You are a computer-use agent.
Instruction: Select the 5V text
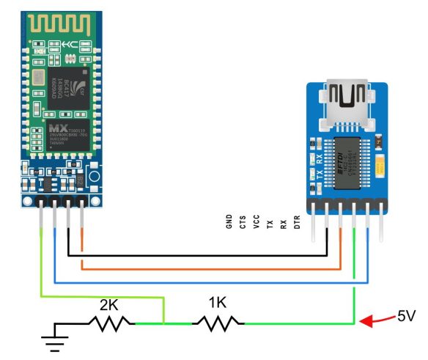[x=408, y=317]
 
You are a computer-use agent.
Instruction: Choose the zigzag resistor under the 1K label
[x=218, y=322]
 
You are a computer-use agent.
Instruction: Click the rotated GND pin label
[x=229, y=221]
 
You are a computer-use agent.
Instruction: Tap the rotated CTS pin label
[x=243, y=221]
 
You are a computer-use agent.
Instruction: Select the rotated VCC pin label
[x=256, y=221]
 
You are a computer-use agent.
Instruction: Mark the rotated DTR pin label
[x=297, y=221]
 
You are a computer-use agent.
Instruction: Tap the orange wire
[x=213, y=268]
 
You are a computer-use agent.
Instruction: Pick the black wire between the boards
[x=198, y=256]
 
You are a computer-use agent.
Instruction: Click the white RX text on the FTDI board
[x=320, y=158]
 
